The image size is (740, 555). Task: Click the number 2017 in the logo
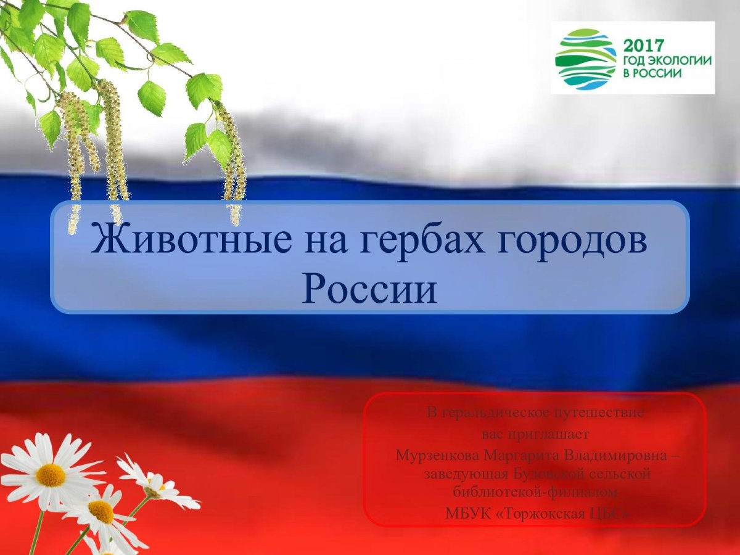coord(645,46)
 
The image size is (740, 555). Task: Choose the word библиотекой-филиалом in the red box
coord(535,492)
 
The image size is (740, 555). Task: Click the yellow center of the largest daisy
coord(51,475)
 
